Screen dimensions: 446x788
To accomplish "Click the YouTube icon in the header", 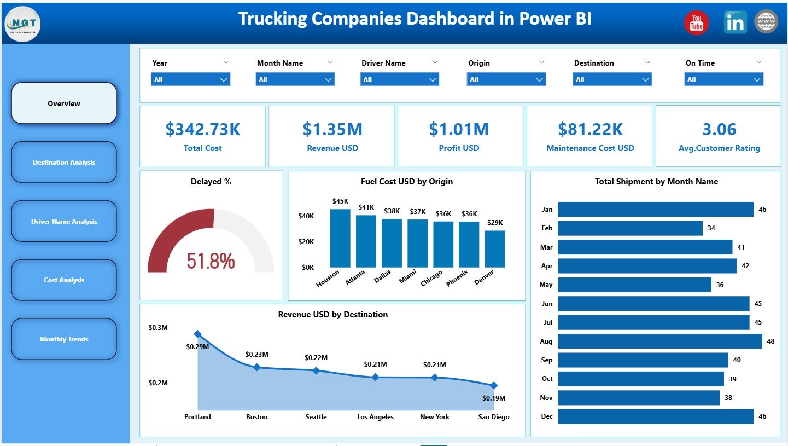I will pyautogui.click(x=696, y=22).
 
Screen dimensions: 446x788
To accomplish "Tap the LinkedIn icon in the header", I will pyautogui.click(x=735, y=22).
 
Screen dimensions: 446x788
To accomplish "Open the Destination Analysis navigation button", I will pyautogui.click(x=64, y=163).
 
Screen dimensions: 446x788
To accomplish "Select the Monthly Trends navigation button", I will pyautogui.click(x=64, y=339).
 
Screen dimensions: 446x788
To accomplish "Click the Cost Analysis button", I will pyautogui.click(x=64, y=280).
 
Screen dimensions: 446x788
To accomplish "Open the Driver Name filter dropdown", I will pyautogui.click(x=400, y=80).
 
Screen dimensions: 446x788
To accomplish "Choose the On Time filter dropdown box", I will pyautogui.click(x=723, y=80).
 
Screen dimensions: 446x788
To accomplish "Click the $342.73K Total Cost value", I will pyautogui.click(x=202, y=130).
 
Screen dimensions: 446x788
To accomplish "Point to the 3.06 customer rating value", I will pyautogui.click(x=719, y=130).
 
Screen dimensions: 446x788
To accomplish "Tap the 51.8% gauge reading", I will pyautogui.click(x=211, y=261).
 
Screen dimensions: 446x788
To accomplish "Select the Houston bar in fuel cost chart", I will pyautogui.click(x=340, y=238).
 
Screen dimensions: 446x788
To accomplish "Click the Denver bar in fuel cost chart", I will pyautogui.click(x=495, y=248).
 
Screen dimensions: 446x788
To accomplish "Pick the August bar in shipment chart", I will pyautogui.click(x=659, y=341).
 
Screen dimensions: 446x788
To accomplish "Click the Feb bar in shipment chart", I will pyautogui.click(x=630, y=228).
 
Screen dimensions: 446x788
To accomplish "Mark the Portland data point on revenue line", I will pyautogui.click(x=198, y=334).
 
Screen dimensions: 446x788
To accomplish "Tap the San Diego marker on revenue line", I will pyautogui.click(x=494, y=385).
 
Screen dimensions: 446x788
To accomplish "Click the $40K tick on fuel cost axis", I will pyautogui.click(x=306, y=216).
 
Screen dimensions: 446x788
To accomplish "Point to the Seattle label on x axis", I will pyautogui.click(x=316, y=417).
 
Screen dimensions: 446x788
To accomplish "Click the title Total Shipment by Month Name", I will pyautogui.click(x=656, y=182).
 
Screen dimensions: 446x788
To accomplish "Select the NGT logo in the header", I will pyautogui.click(x=22, y=24).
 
